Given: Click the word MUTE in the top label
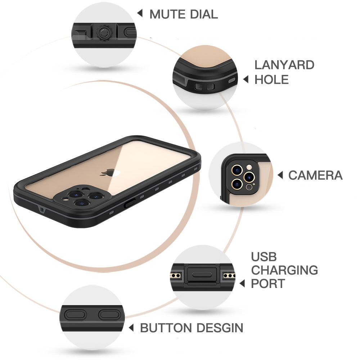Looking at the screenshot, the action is [167, 14].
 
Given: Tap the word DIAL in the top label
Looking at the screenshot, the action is [204, 14].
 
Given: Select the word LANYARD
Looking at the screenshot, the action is [284, 65].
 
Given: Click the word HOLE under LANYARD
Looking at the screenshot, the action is [271, 80].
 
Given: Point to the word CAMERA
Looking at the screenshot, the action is [315, 175].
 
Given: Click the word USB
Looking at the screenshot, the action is [264, 257].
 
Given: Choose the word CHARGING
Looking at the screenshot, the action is [284, 270].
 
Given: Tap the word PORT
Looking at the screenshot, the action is [268, 284].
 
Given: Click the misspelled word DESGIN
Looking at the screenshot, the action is [220, 328].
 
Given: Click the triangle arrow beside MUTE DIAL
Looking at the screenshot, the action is [140, 13].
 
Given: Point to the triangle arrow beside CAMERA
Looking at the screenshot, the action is [280, 175].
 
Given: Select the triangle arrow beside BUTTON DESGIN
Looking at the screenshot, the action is [131, 328].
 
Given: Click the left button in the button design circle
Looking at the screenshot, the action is [75, 315].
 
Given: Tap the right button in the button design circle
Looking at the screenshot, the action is [110, 315].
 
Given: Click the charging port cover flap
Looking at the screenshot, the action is [202, 275].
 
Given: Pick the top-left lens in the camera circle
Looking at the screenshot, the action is [237, 170].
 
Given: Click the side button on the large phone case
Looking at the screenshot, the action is [130, 203].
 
